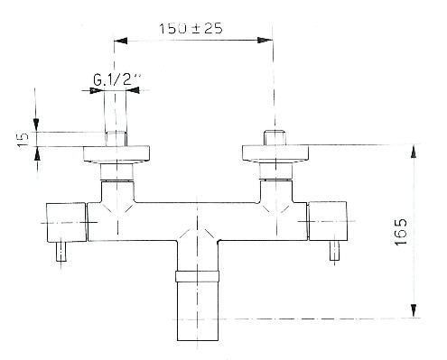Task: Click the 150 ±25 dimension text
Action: point(191,29)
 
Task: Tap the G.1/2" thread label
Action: point(116,79)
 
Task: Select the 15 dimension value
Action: point(23,139)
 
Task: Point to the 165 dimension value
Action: point(401,232)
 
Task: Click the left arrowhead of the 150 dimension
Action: point(120,41)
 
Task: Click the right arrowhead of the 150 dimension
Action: point(265,41)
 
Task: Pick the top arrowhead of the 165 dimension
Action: point(414,152)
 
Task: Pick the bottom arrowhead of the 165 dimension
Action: point(414,310)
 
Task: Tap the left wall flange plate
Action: point(116,154)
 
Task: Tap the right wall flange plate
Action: point(275,153)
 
